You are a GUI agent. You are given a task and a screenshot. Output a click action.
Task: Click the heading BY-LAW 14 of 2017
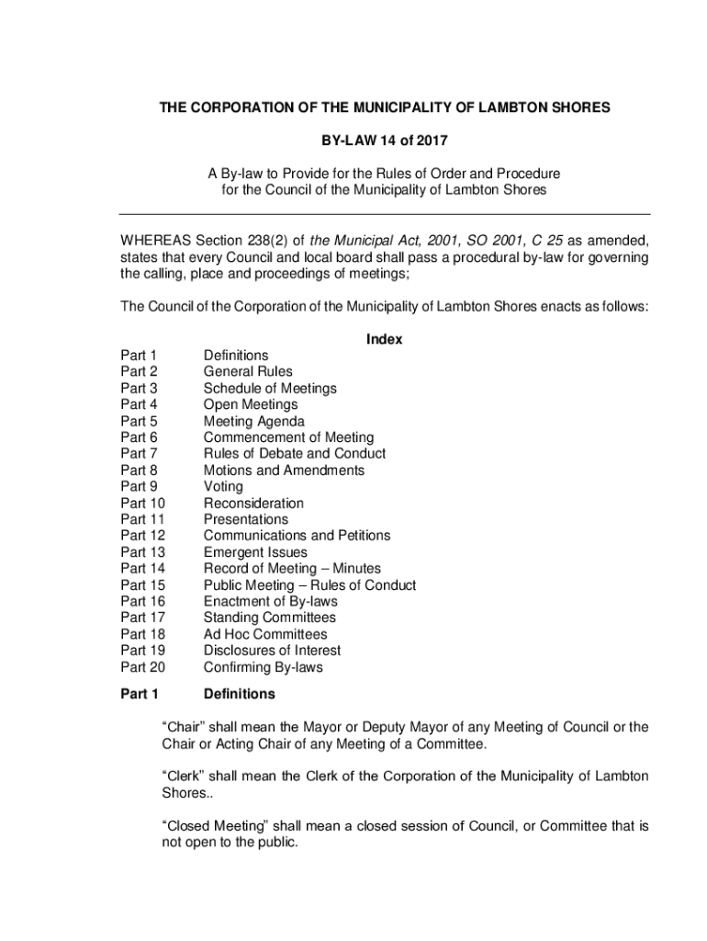[384, 141]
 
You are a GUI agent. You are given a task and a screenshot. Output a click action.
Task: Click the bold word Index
[384, 339]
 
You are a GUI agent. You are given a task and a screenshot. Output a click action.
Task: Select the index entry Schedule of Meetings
[270, 389]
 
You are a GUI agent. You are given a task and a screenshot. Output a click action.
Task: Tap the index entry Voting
[223, 487]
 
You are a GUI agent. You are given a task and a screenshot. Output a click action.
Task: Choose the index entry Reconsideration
[253, 504]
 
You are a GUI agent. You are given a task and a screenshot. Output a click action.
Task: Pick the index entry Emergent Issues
[255, 552]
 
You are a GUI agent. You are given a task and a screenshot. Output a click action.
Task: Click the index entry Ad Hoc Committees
[265, 634]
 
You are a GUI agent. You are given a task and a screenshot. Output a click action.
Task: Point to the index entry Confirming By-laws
[263, 667]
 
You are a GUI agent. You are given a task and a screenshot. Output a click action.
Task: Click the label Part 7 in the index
[139, 454]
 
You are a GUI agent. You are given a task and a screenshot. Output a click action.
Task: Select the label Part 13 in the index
[142, 552]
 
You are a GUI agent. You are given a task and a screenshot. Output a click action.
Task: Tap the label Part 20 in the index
[142, 667]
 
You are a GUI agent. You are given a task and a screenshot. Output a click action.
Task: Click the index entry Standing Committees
[269, 618]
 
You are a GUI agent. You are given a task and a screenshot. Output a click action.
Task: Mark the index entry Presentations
[245, 520]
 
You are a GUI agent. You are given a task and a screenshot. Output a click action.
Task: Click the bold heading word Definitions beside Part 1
[239, 694]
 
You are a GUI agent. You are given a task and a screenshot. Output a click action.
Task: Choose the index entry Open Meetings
[251, 405]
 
